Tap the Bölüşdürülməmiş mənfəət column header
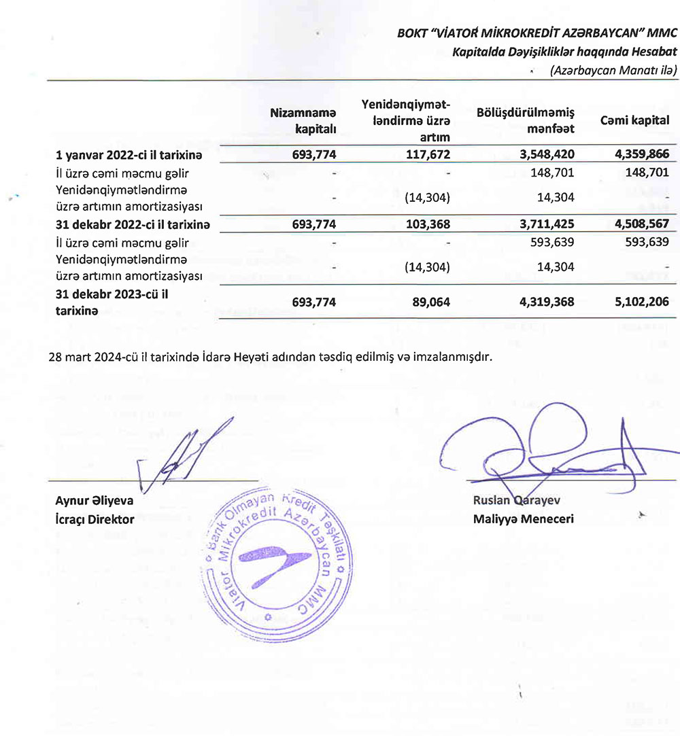536,120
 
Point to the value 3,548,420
547,155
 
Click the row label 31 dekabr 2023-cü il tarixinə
112,302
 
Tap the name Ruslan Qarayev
516,501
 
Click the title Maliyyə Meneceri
524,519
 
